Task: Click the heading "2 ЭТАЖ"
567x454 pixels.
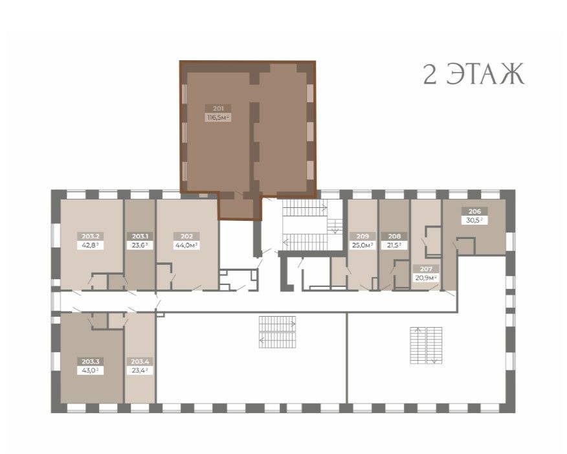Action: click(473, 74)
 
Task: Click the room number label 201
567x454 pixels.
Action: click(218, 108)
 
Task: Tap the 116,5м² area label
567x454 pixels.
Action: click(218, 118)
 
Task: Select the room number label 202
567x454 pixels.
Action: click(186, 236)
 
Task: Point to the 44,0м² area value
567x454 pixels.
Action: click(186, 245)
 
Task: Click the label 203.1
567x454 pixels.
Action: click(140, 236)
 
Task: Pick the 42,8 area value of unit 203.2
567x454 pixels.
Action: click(91, 245)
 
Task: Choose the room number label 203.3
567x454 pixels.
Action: click(91, 361)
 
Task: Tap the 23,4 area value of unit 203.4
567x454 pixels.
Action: click(140, 370)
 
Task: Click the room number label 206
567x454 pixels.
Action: click(474, 211)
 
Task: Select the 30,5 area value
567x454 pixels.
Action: click(474, 220)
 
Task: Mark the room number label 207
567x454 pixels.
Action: click(426, 269)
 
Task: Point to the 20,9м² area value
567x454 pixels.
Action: click(426, 278)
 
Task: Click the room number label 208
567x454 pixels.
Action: click(395, 236)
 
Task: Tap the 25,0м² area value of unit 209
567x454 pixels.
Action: click(362, 245)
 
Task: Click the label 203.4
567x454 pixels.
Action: click(140, 361)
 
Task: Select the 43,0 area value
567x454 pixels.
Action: click(91, 370)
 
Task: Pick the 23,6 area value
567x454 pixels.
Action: click(140, 245)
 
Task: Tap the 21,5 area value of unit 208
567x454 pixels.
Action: click(395, 245)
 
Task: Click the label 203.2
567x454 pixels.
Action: click(91, 236)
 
